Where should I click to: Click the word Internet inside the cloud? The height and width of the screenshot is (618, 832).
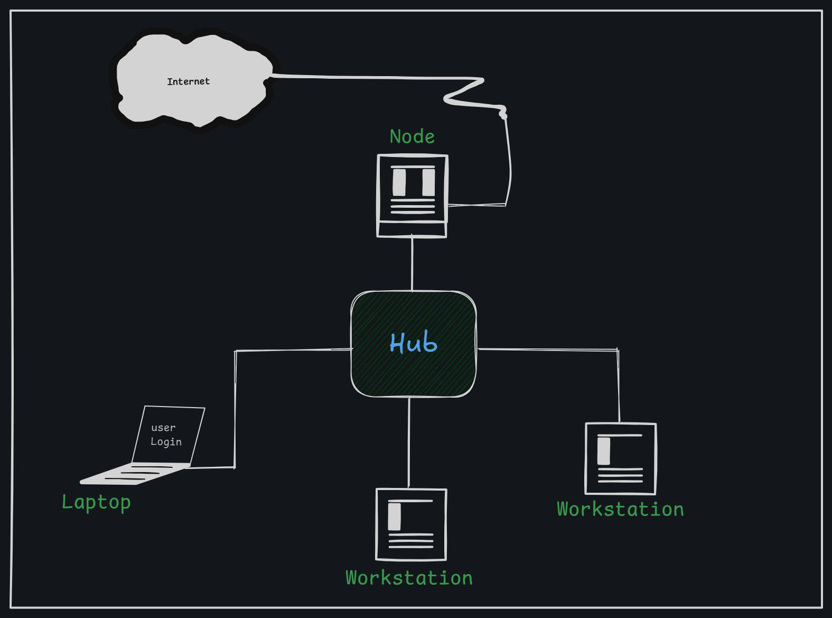[188, 81]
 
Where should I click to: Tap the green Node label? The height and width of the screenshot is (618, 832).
[412, 136]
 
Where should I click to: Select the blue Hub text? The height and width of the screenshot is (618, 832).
[414, 343]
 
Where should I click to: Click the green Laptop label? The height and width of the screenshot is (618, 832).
[96, 502]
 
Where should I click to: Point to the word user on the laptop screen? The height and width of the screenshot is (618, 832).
[163, 427]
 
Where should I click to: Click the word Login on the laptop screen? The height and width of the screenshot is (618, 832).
[166, 441]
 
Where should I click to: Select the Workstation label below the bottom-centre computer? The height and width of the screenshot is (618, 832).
[409, 578]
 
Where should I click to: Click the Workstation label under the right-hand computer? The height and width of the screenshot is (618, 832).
[620, 509]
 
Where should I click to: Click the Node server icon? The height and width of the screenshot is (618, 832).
[413, 196]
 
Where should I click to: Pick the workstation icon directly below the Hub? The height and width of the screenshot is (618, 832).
[411, 524]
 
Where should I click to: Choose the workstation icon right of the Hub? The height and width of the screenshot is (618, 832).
[621, 458]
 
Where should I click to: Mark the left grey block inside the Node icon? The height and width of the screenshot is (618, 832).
[399, 182]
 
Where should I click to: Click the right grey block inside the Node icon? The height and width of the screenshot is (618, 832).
[428, 182]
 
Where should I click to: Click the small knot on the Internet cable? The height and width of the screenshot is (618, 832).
[503, 113]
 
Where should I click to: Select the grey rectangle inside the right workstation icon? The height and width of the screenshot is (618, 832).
[604, 451]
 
